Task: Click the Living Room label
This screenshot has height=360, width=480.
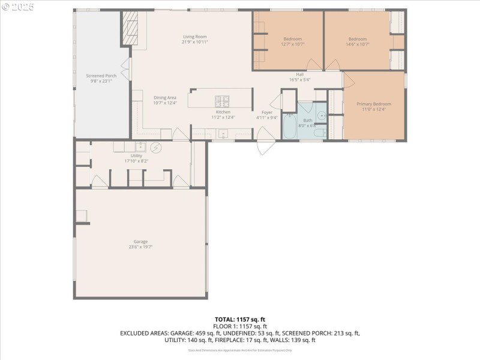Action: (x=195, y=37)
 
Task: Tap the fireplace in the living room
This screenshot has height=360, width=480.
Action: (x=130, y=28)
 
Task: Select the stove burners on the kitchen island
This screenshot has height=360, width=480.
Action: (x=223, y=100)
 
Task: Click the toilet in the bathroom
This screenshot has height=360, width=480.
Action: (x=320, y=133)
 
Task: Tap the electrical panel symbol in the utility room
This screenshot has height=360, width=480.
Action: (x=155, y=146)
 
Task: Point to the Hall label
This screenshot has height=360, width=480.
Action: (x=299, y=74)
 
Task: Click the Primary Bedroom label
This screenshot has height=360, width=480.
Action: (x=373, y=104)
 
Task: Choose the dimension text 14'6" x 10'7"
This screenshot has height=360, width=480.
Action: (x=357, y=44)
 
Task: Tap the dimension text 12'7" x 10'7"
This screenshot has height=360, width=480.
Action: (x=292, y=44)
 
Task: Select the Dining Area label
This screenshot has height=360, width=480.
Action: (x=164, y=97)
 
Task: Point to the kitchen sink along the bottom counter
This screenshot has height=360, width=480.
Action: (x=223, y=134)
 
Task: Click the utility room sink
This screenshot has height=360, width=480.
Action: (x=140, y=146)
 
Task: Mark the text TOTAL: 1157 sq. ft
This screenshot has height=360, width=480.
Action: (x=239, y=319)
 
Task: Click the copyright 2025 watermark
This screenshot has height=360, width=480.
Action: (x=18, y=7)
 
